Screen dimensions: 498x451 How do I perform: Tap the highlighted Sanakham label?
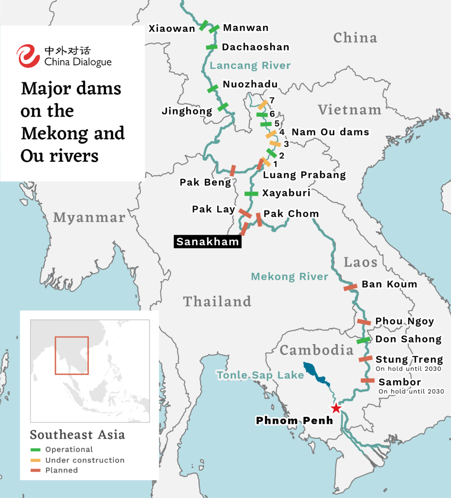208,242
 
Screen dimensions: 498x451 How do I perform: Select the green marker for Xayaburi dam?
251,194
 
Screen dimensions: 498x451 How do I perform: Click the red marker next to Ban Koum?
351,287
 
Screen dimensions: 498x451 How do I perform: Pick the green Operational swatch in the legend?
36,449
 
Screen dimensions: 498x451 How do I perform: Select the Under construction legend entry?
85,460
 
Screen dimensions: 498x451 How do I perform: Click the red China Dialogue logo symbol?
28,56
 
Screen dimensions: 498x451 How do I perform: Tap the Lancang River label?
250,66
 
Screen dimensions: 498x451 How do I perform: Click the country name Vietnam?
349,110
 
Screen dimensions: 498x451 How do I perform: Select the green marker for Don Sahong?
363,340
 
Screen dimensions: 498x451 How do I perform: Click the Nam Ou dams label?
330,132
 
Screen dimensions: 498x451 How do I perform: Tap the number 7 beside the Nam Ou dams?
272,100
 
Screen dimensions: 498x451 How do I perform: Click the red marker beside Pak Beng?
233,170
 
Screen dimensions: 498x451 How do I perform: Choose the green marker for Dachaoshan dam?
211,47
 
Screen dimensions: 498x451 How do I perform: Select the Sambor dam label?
399,382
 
